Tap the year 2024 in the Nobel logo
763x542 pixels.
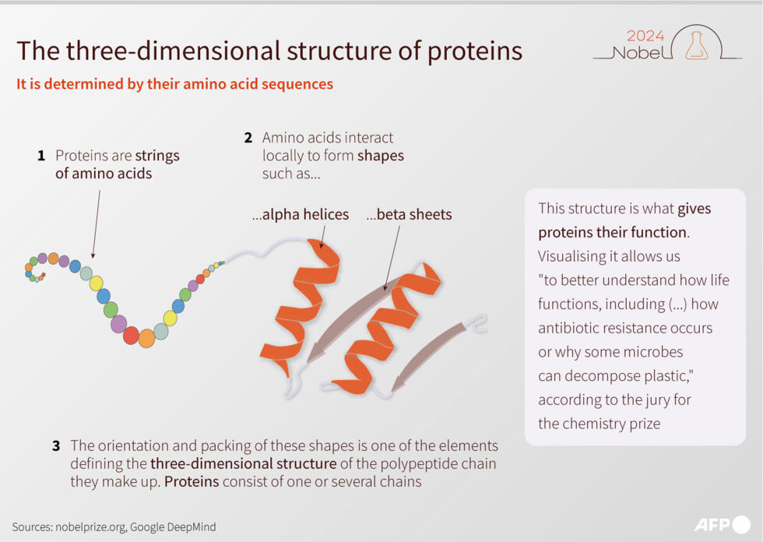coord(645,35)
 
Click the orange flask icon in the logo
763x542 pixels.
coord(696,46)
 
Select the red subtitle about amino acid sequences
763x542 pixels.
coord(174,84)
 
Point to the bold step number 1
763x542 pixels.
coord(41,156)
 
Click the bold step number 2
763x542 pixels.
coord(248,138)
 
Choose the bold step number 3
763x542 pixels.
coord(56,446)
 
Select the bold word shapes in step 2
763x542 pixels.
coord(381,156)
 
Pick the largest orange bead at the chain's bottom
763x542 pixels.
coord(146,338)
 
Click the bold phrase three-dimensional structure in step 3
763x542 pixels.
coord(244,464)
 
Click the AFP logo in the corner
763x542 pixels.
coord(722,524)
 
